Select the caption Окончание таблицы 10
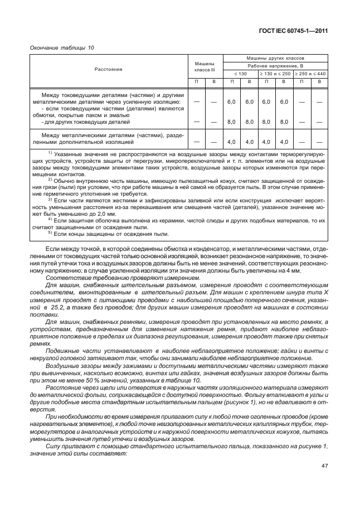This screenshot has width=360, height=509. click(62, 48)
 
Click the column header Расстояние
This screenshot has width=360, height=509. click(109, 69)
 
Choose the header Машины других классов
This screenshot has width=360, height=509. click(275, 58)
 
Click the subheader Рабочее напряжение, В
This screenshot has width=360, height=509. click(275, 66)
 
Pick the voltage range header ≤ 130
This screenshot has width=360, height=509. click(240, 74)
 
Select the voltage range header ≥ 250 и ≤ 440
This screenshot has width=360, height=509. click(310, 74)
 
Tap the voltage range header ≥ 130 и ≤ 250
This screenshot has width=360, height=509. click(275, 74)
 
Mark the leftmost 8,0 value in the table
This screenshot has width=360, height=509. click(232, 121)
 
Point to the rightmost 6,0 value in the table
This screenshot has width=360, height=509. click(284, 102)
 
